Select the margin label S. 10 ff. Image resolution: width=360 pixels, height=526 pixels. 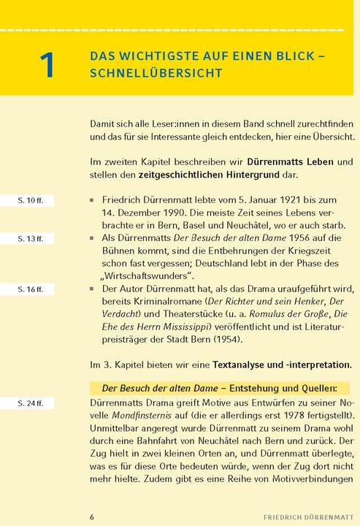31,199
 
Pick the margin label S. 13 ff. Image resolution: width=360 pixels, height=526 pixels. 31,238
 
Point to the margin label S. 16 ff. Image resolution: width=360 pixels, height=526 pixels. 31,290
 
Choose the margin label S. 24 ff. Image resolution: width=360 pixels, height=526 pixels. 31,403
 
